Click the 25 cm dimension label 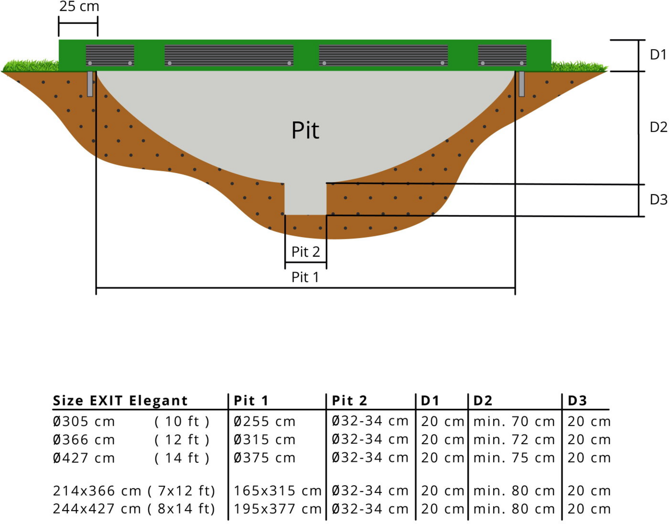[x=79, y=6]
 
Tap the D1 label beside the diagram [x=658, y=55]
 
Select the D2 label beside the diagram [x=658, y=127]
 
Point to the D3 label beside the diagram [x=658, y=199]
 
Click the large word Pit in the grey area [x=305, y=130]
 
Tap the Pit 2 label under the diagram [x=305, y=252]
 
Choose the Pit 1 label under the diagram [x=305, y=277]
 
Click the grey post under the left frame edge [x=90, y=84]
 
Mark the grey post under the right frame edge [x=521, y=84]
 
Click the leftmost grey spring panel [x=110, y=55]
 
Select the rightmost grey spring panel [x=502, y=55]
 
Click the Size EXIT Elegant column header [x=120, y=400]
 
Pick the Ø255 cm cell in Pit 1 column [x=264, y=421]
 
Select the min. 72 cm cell [x=514, y=440]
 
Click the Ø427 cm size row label [x=84, y=458]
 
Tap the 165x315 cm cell [x=277, y=491]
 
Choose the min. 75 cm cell [x=514, y=458]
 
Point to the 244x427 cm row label [x=97, y=509]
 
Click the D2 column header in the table [x=483, y=400]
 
